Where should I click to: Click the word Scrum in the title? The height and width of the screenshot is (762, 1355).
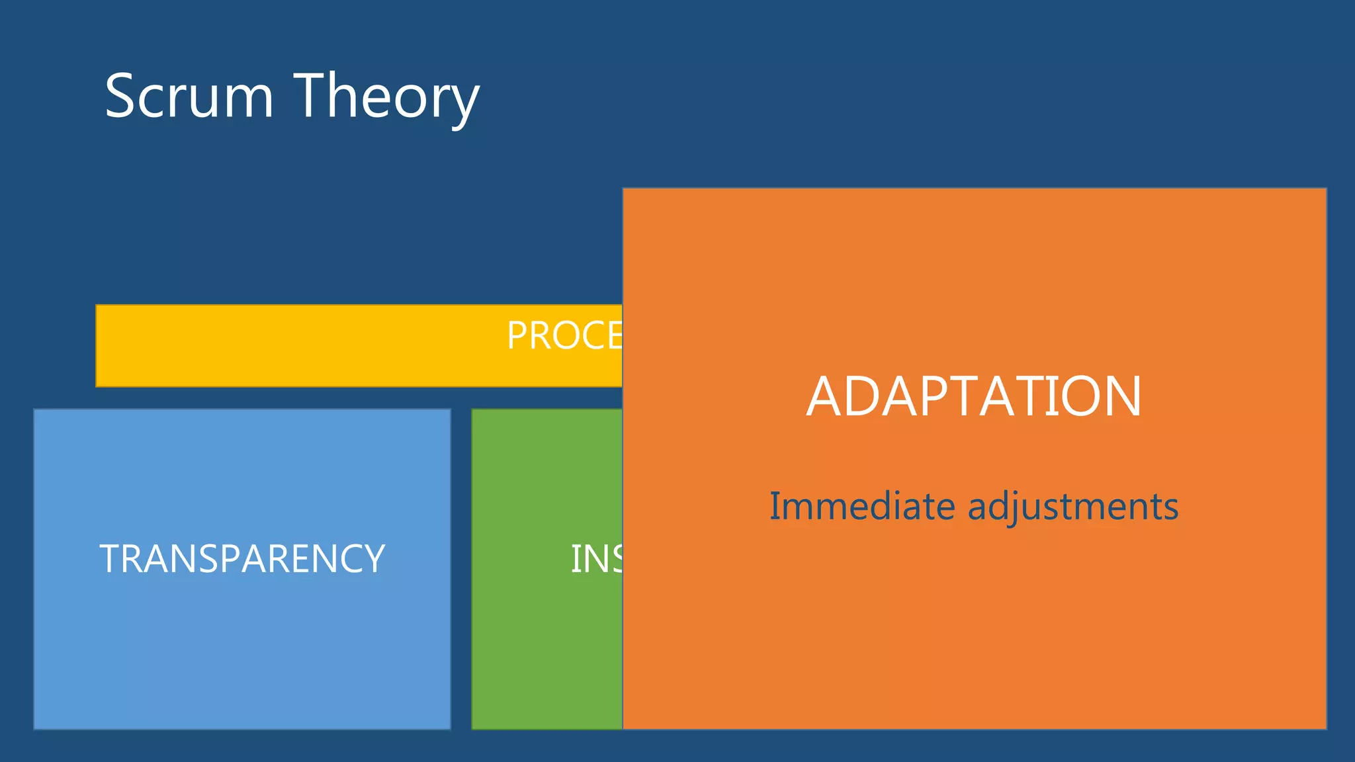click(x=189, y=97)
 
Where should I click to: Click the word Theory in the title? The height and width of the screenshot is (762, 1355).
click(x=386, y=97)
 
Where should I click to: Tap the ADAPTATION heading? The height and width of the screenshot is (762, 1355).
click(x=974, y=397)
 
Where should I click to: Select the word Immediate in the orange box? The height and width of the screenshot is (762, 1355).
click(x=862, y=507)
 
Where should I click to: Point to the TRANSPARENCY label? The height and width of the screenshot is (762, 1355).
click(x=242, y=559)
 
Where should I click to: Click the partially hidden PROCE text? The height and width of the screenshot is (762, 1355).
click(x=564, y=335)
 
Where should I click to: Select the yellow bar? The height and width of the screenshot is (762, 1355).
click(x=298, y=346)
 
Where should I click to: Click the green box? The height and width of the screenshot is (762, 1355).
click(x=546, y=635)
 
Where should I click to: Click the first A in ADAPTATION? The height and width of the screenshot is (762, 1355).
click(x=824, y=397)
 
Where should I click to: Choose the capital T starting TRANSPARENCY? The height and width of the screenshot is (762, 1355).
click(x=109, y=559)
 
